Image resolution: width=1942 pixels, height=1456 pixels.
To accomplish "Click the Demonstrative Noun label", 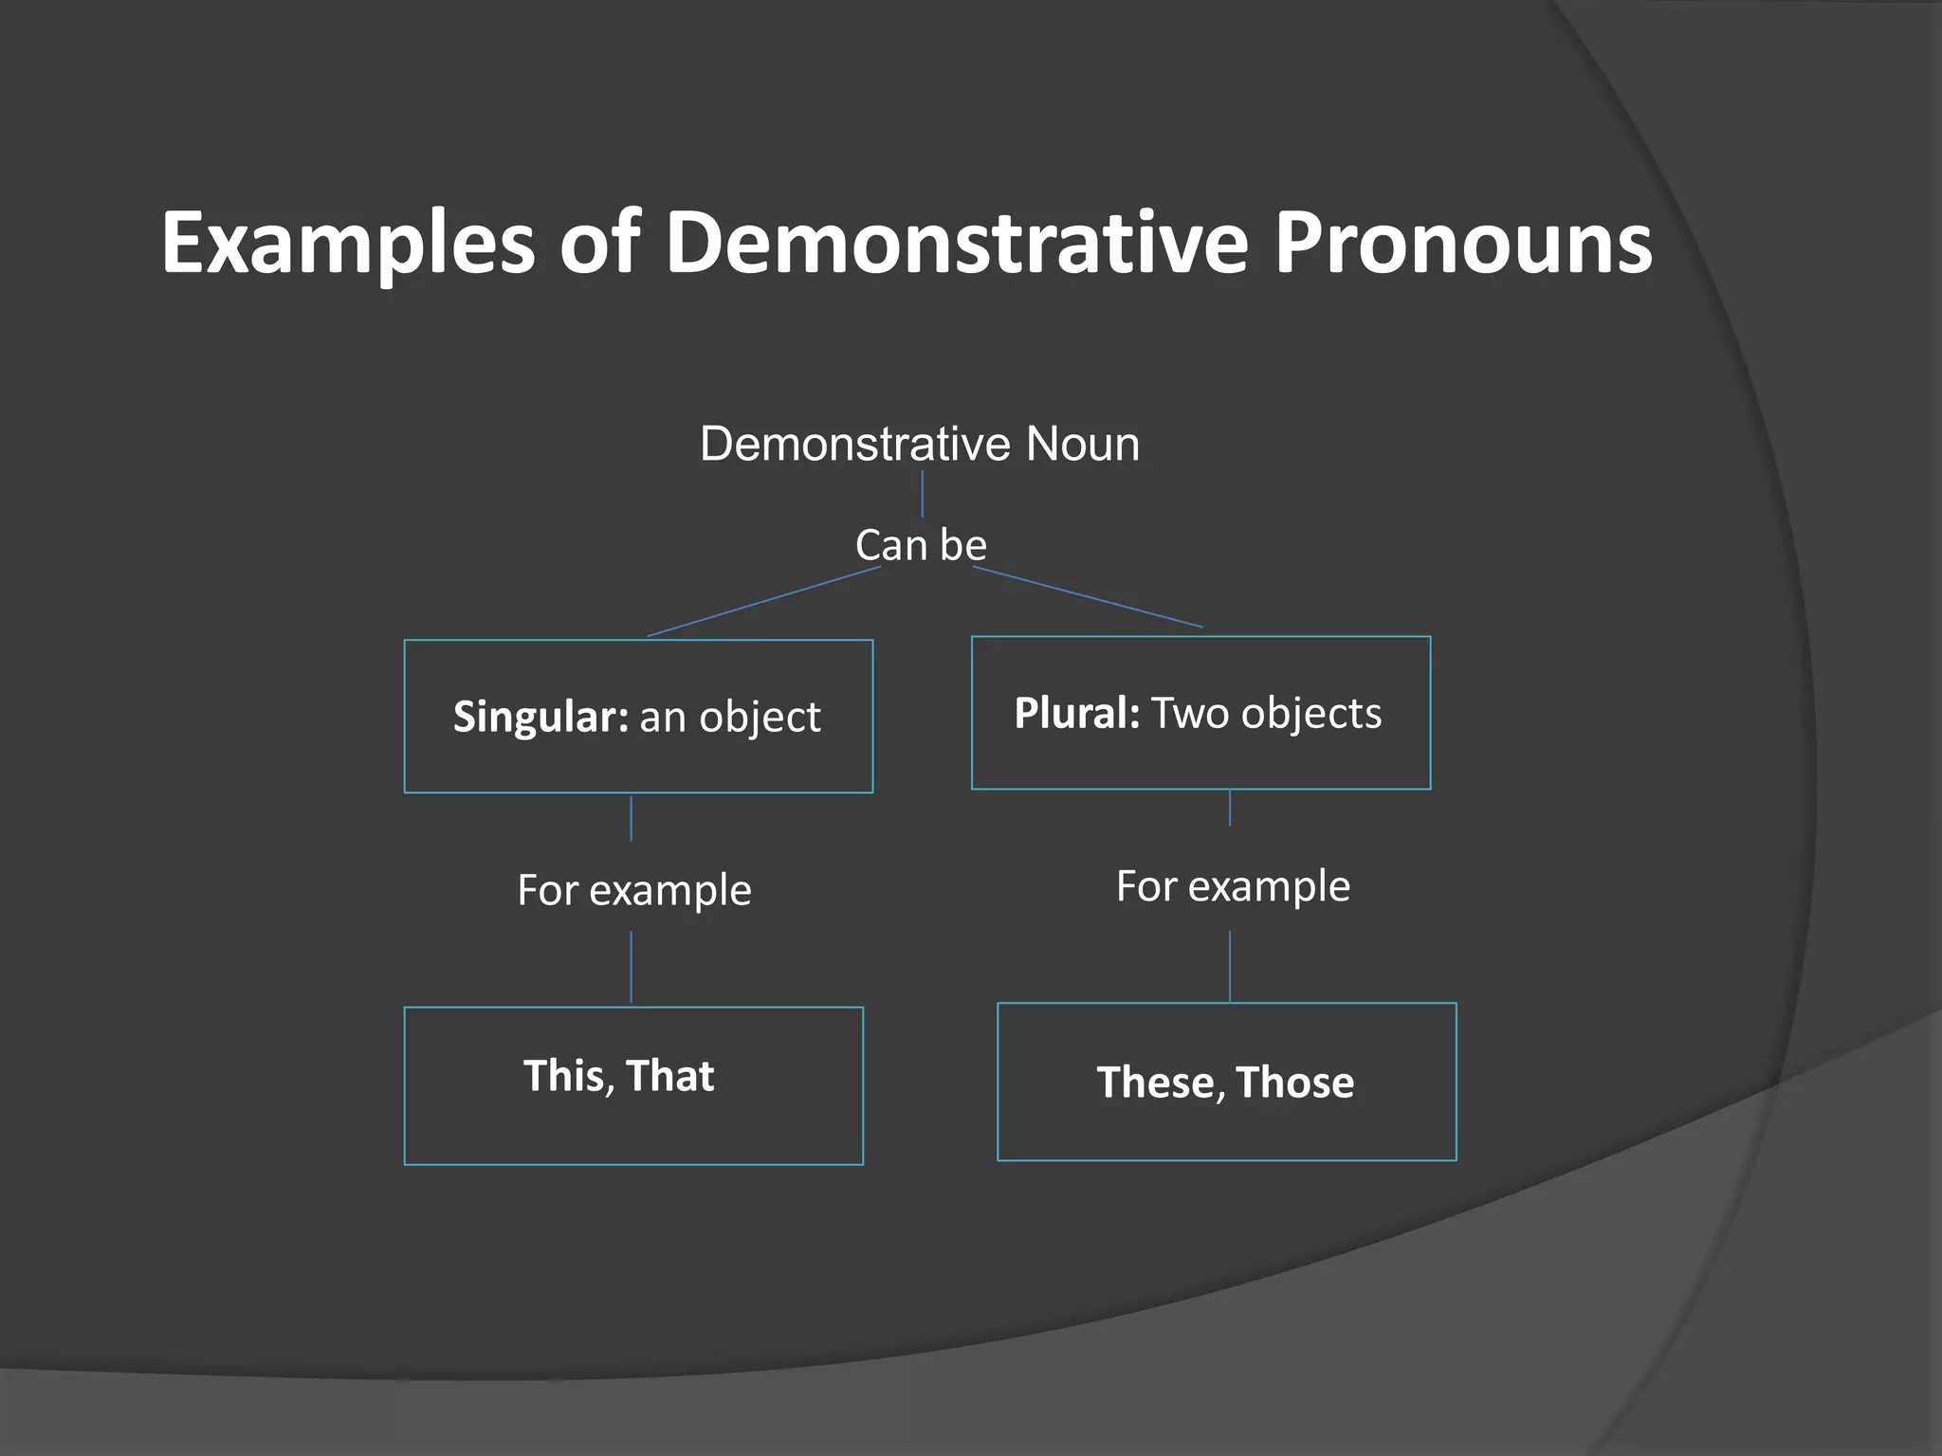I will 919,444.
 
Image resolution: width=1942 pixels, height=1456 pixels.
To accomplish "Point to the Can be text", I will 920,545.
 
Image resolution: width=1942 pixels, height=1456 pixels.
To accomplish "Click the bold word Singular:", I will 540,716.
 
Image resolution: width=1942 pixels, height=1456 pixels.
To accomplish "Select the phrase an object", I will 729,718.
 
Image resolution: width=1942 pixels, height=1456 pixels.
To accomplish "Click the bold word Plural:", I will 1076,713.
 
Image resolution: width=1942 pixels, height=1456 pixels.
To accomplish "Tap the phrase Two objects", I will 1266,713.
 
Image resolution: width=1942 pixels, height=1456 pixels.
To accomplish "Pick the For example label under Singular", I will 633,890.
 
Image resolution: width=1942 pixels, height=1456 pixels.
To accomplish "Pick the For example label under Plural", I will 1232,886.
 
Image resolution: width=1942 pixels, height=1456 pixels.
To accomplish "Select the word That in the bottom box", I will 669,1076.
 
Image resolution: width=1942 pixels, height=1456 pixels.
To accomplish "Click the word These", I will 1155,1082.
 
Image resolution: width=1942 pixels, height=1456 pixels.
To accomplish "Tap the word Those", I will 1294,1082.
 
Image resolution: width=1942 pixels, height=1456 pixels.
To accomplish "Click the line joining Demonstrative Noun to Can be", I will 922,494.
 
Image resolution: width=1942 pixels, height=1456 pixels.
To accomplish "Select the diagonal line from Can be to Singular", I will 763,602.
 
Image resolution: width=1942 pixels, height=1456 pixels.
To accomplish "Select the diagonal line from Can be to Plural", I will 1088,597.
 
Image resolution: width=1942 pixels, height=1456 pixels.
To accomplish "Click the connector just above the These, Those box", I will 1230,967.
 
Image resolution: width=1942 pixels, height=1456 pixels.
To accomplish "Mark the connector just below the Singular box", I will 632,819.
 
